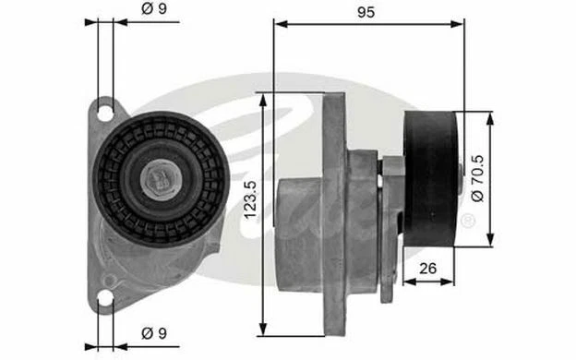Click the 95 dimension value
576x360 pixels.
coord(366,13)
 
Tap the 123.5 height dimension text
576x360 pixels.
coord(251,200)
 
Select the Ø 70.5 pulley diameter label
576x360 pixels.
coord(477,178)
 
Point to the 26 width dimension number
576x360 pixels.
coord(427,269)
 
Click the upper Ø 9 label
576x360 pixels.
coord(154,9)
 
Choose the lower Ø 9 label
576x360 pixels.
coord(154,333)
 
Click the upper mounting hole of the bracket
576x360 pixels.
coord(105,114)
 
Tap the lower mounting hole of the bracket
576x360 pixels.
coord(105,298)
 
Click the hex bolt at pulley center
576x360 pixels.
coord(161,179)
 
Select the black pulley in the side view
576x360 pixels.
coord(430,179)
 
